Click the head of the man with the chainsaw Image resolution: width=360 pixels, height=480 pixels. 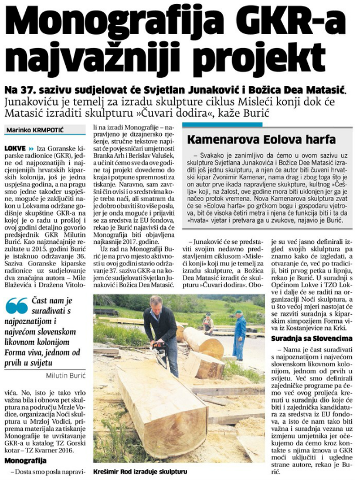coord(155,302)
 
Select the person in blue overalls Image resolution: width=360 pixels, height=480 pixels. coord(239,337)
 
